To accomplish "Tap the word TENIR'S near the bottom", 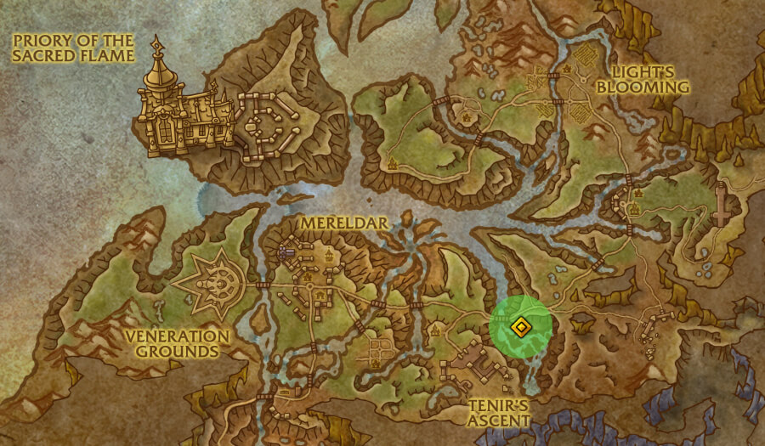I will [x=498, y=404].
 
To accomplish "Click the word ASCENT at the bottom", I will [x=500, y=420].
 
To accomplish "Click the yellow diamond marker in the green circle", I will [x=520, y=326].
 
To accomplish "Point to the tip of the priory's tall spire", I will [x=157, y=39].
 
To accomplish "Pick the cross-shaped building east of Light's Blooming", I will [x=723, y=205].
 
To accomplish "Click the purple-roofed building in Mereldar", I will [x=286, y=252].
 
